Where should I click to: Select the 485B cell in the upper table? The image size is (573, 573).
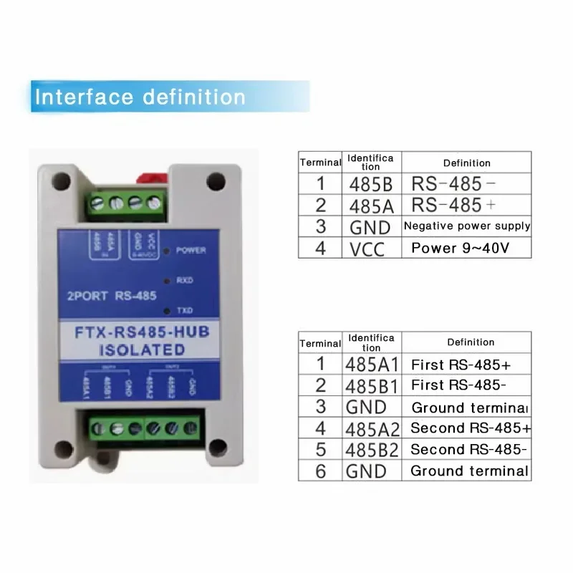click(x=370, y=184)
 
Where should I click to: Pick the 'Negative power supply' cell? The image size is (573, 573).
click(x=466, y=226)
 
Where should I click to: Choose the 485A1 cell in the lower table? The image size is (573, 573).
click(x=371, y=364)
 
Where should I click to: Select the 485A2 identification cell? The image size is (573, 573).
click(x=371, y=428)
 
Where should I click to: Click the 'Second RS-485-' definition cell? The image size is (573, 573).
click(x=468, y=449)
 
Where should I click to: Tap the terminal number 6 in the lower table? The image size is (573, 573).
click(x=320, y=471)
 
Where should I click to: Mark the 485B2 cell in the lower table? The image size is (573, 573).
click(x=371, y=449)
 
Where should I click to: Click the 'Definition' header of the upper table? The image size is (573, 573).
click(x=466, y=163)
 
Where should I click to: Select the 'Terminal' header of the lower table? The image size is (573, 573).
click(x=320, y=343)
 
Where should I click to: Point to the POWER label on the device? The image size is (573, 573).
click(x=191, y=251)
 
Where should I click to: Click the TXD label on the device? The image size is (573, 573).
click(x=185, y=311)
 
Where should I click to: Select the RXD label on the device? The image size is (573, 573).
click(x=185, y=280)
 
